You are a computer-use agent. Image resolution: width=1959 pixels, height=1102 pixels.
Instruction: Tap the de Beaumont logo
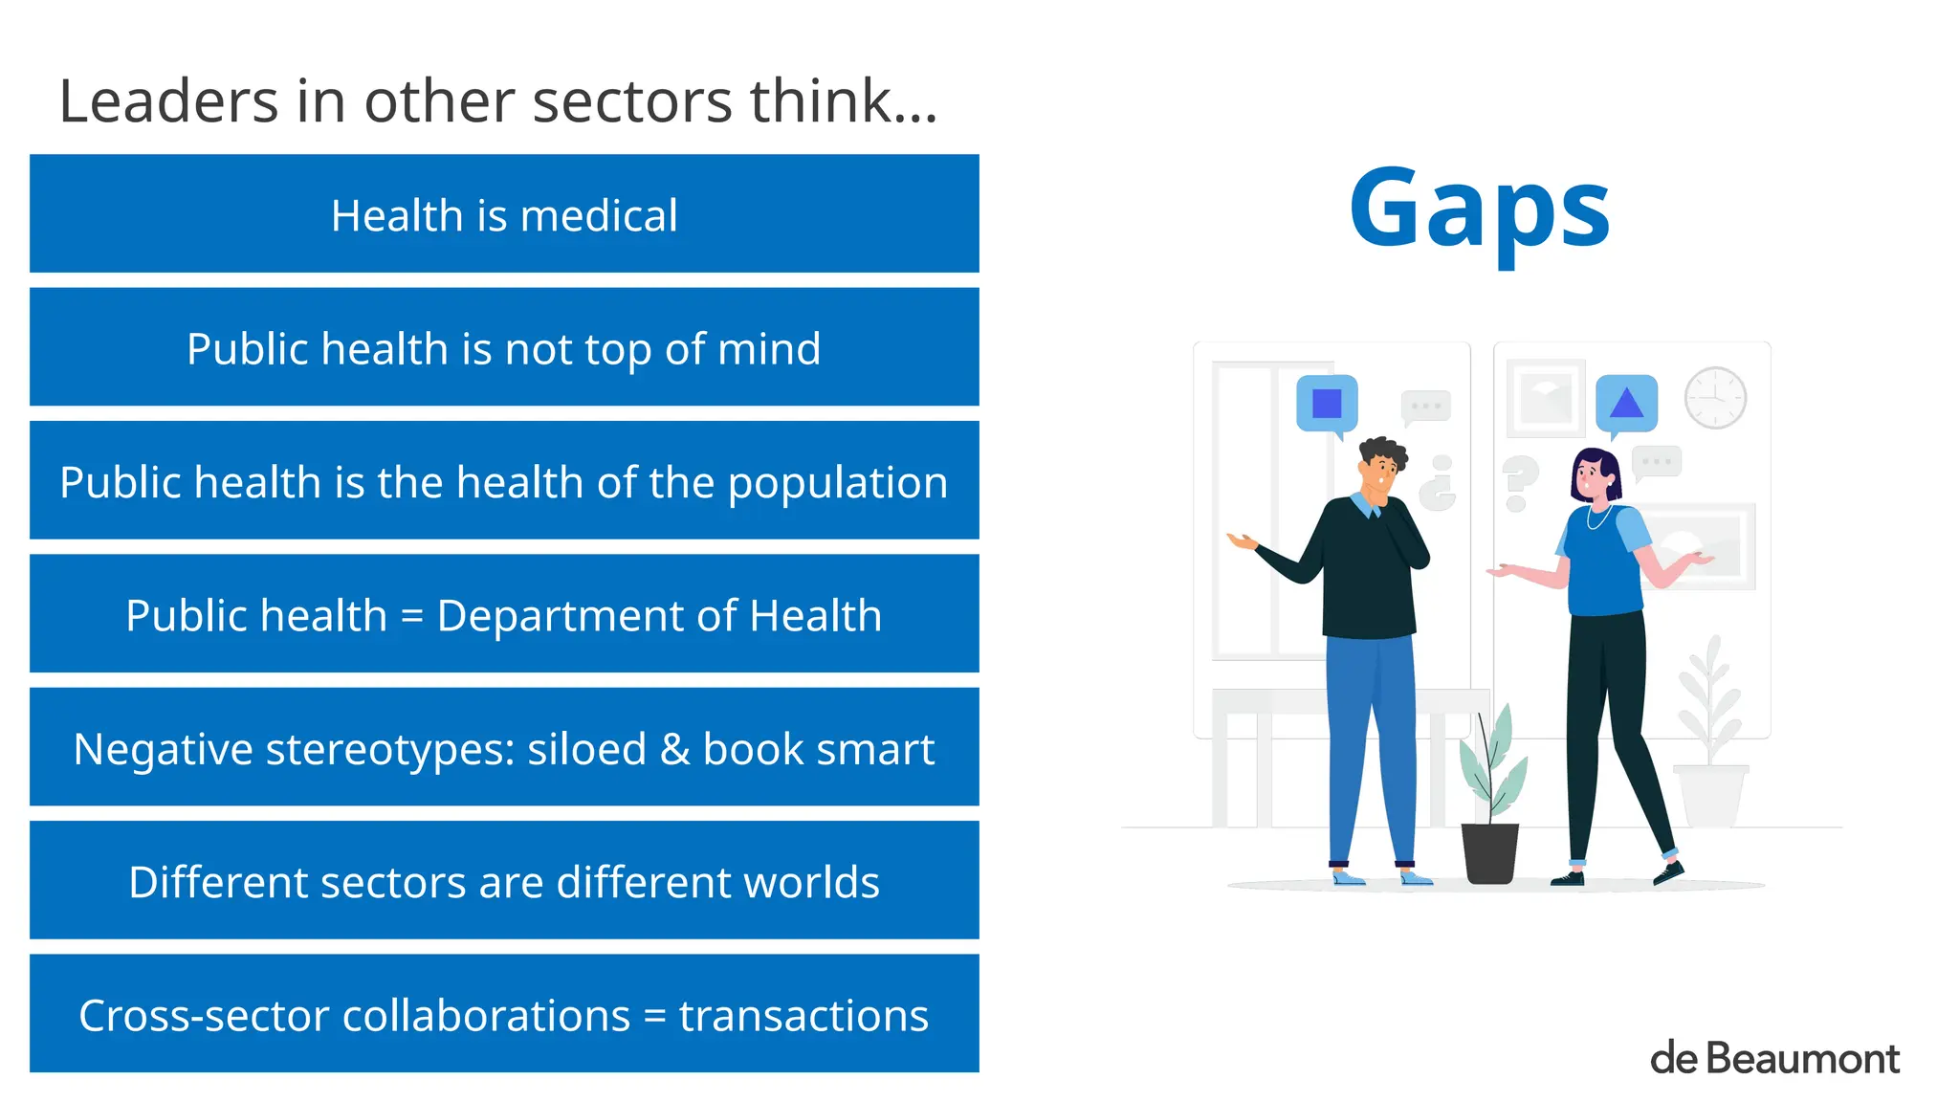click(1774, 1059)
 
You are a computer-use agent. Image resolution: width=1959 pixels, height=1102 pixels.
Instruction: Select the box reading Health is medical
click(504, 214)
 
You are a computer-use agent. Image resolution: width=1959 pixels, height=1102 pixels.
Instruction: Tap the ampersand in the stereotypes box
click(674, 749)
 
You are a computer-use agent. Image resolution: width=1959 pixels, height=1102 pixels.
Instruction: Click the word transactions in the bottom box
click(803, 1016)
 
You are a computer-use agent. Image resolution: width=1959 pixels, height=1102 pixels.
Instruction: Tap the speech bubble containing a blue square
click(1327, 404)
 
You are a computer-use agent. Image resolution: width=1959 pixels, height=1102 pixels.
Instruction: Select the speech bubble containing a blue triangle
click(1626, 403)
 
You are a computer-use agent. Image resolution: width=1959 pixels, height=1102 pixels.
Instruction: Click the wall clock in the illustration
click(1715, 397)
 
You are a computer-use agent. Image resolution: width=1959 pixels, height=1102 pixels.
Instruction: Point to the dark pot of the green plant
click(1489, 853)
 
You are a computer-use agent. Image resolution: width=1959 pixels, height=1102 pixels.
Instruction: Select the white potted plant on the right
click(1710, 765)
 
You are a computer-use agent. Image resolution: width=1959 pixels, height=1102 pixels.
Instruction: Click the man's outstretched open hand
click(1242, 541)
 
